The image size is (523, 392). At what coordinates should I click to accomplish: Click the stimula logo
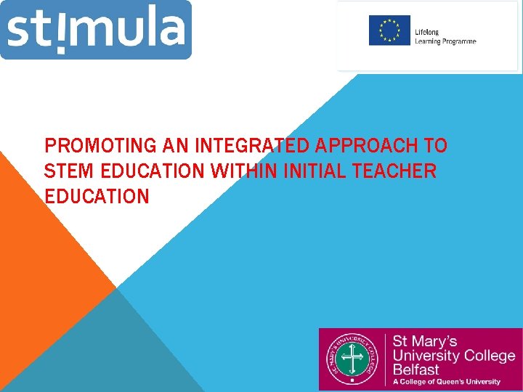point(96,30)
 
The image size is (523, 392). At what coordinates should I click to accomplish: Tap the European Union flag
point(389,30)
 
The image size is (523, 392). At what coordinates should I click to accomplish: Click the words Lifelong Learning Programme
point(445,37)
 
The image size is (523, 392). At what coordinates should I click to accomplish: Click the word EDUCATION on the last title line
point(97,197)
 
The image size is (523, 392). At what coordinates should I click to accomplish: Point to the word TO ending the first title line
point(436,146)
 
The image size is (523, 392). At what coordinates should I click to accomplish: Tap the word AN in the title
point(174,146)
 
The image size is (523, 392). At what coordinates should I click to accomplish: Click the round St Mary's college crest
point(352,359)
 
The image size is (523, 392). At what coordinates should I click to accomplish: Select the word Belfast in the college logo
point(415,369)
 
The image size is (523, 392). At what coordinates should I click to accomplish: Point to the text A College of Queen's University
point(447,382)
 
